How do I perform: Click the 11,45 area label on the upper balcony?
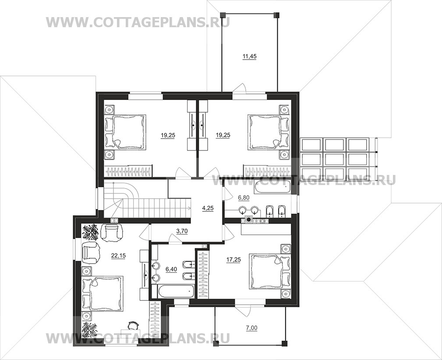click(x=249, y=57)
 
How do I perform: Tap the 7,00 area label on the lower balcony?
click(x=252, y=328)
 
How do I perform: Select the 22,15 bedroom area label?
click(x=118, y=256)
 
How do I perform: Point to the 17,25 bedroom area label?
click(x=233, y=260)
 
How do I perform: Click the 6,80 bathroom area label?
click(x=244, y=198)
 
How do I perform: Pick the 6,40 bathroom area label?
click(x=171, y=269)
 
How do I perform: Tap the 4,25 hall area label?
click(x=208, y=208)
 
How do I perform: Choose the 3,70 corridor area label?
click(x=182, y=232)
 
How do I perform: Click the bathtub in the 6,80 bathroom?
click(x=272, y=187)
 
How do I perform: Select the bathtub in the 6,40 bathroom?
click(x=173, y=291)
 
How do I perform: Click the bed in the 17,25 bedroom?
click(x=270, y=271)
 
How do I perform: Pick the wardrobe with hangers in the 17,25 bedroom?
click(x=203, y=274)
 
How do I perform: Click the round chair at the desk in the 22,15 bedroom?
click(x=132, y=326)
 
